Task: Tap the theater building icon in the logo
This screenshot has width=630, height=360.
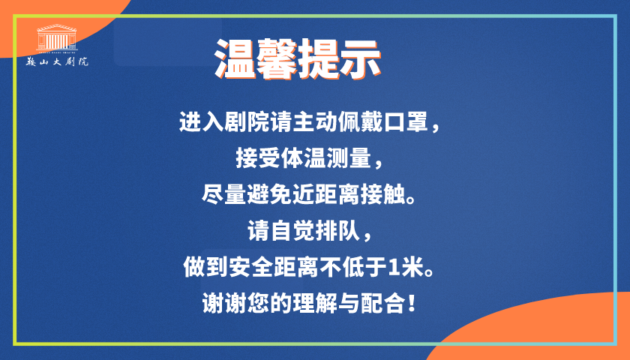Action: [x=61, y=38]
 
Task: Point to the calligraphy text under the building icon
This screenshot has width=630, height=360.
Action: [x=63, y=61]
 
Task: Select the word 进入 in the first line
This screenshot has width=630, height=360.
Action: [x=198, y=121]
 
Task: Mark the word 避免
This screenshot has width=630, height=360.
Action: [x=273, y=194]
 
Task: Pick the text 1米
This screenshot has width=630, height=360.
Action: [x=410, y=268]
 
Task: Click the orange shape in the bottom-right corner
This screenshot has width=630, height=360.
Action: [x=555, y=330]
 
